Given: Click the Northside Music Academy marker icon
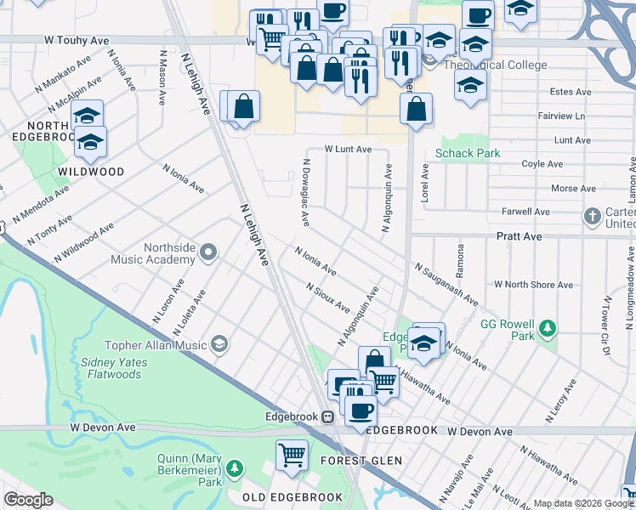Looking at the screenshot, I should click(x=210, y=252).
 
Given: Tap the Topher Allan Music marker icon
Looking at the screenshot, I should click(x=220, y=343).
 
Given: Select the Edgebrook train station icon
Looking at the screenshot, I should click(x=327, y=417).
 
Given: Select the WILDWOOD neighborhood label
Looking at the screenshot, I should click(x=90, y=172).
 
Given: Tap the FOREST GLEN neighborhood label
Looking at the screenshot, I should click(x=361, y=462).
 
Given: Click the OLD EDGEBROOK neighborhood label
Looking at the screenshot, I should click(x=292, y=497).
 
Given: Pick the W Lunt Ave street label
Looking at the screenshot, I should click(x=348, y=149).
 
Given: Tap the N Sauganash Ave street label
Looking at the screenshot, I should click(x=446, y=286).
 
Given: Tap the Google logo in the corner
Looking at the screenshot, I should click(x=29, y=499).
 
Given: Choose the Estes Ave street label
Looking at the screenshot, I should click(x=571, y=92).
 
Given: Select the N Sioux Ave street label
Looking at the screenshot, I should click(x=328, y=298).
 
